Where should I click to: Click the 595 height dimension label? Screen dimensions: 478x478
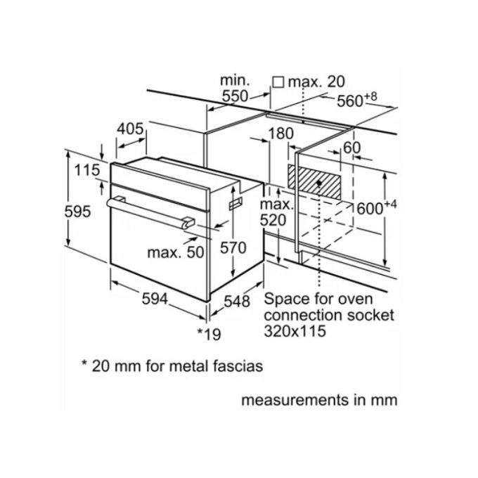[x=77, y=211]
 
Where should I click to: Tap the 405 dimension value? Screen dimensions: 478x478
[x=130, y=129]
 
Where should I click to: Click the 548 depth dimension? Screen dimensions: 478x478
[x=237, y=302]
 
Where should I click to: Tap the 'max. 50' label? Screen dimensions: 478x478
[x=175, y=252]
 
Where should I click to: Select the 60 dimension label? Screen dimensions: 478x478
[x=351, y=148]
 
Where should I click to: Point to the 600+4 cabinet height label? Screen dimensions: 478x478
[x=375, y=207]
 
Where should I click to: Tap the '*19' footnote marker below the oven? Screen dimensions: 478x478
[x=209, y=334]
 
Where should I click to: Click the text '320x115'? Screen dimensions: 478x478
[x=295, y=331]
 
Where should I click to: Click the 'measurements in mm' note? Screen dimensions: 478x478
[x=319, y=401]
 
